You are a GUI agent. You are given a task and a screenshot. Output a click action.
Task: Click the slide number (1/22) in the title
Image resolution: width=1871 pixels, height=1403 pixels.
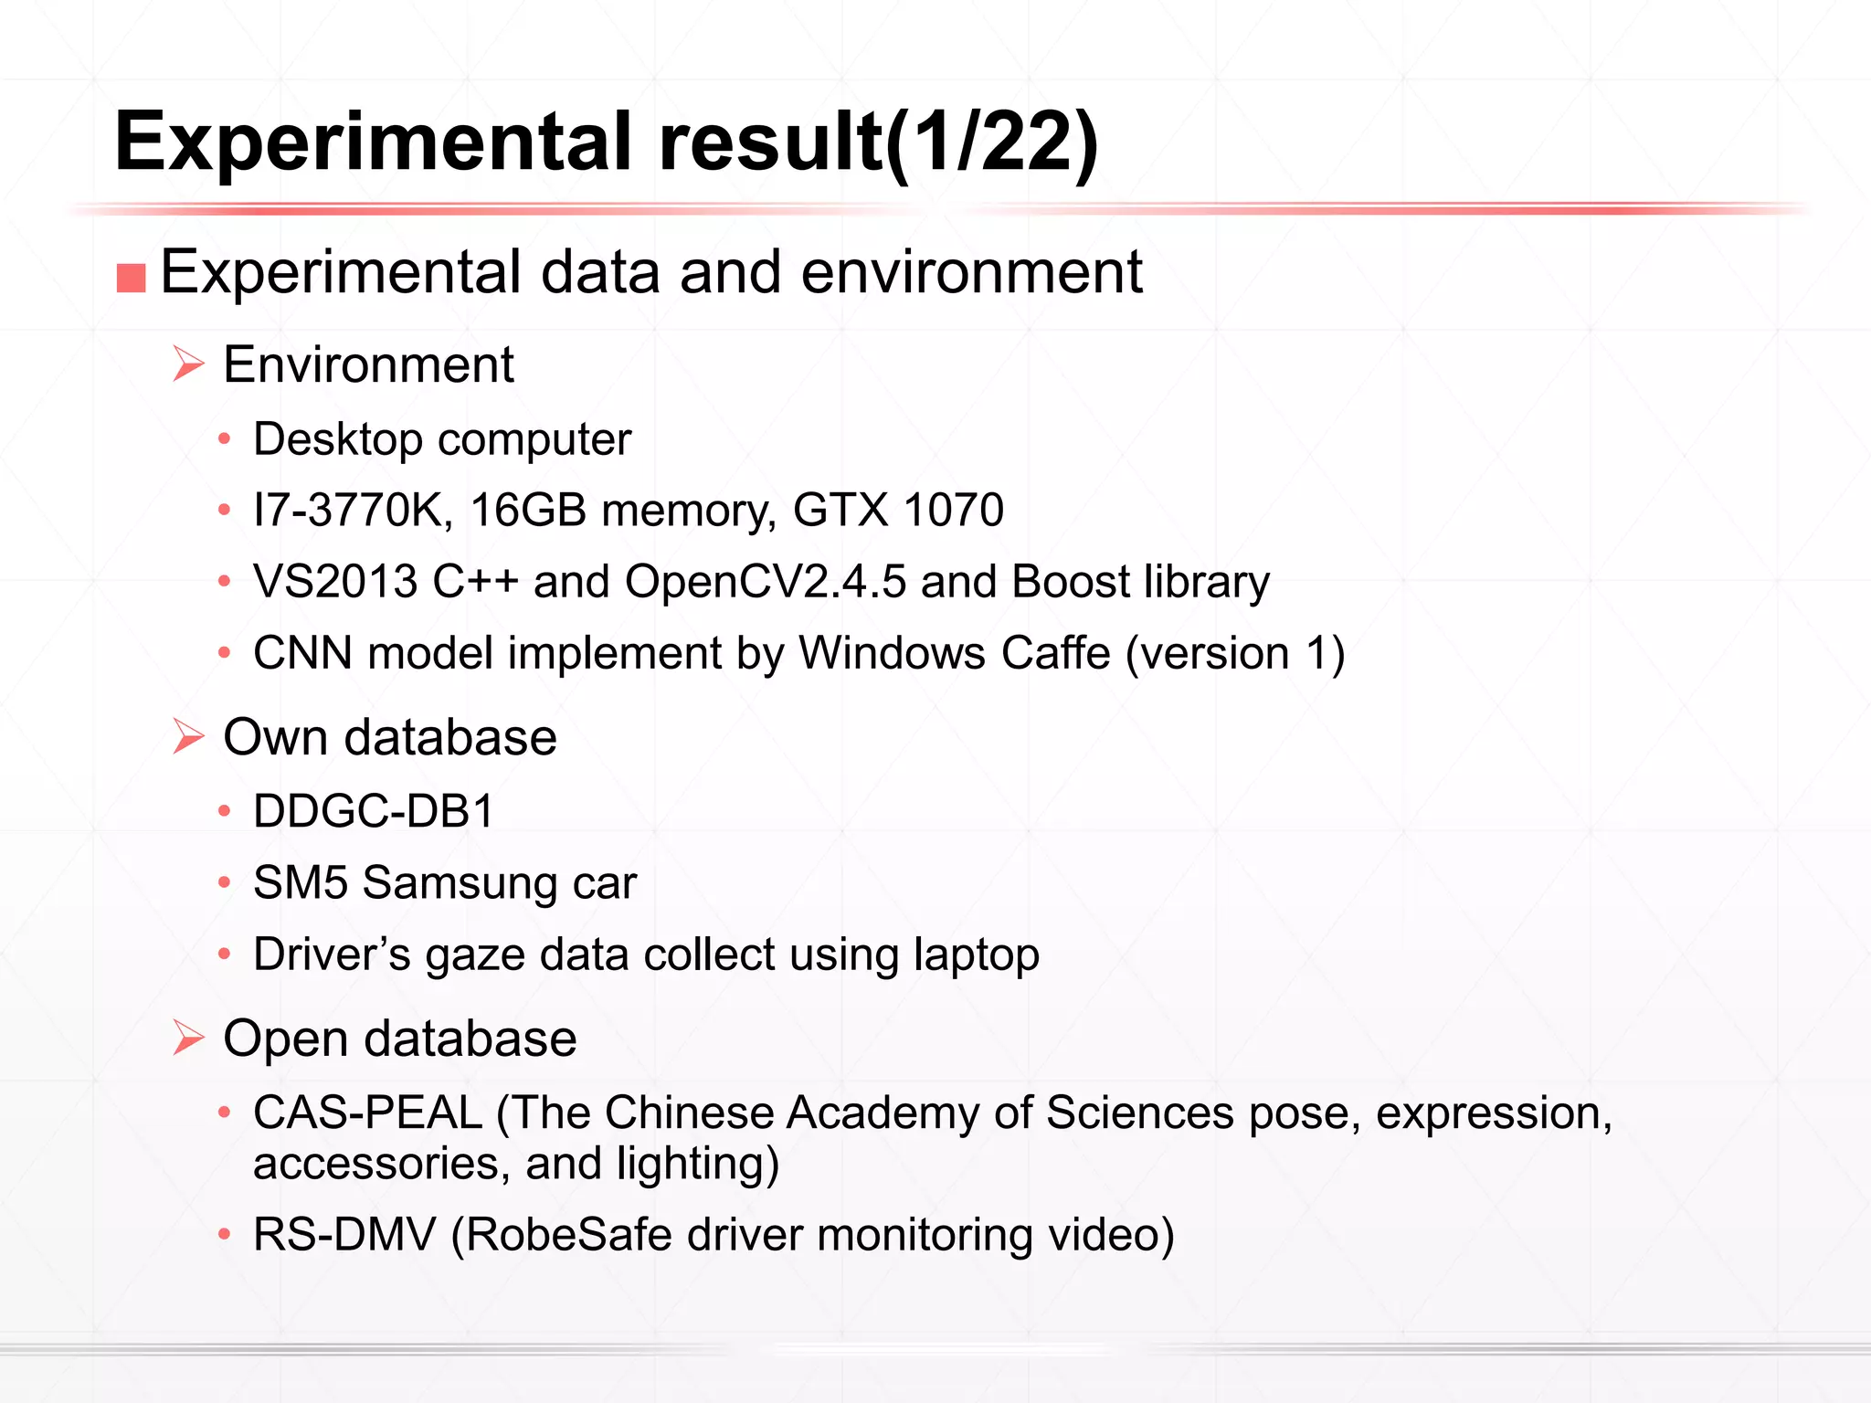(991, 142)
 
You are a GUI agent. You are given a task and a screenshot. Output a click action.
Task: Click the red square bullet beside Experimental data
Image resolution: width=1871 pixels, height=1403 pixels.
(132, 278)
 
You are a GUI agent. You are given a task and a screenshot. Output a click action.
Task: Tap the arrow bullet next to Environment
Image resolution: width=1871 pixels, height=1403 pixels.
(188, 364)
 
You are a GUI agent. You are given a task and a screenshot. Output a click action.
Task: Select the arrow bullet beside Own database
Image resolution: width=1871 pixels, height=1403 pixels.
(188, 736)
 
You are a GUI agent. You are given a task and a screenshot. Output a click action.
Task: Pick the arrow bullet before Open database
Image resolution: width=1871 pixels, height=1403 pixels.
(188, 1038)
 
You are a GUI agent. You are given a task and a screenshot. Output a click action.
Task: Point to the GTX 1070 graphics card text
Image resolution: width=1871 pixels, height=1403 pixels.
(898, 510)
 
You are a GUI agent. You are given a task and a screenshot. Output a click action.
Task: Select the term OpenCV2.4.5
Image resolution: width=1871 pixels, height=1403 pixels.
(766, 582)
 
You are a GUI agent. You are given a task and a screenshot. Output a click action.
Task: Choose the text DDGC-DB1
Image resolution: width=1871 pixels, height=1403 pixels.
(374, 811)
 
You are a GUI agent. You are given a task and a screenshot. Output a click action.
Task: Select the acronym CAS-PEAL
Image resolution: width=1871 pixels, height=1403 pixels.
(367, 1113)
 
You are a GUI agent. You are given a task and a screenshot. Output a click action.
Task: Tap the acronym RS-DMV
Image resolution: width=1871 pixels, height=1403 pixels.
(344, 1234)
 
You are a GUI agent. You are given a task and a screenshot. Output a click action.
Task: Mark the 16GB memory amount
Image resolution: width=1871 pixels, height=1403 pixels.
(528, 510)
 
